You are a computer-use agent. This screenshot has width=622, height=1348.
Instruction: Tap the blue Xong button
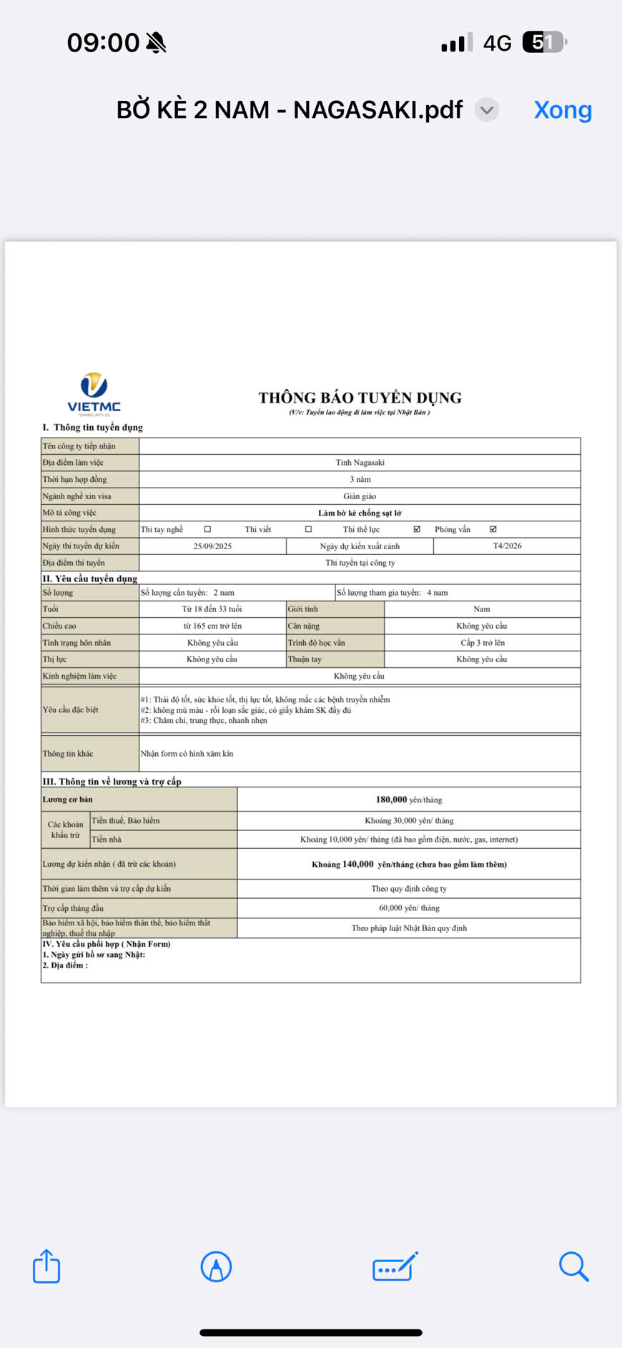pyautogui.click(x=563, y=110)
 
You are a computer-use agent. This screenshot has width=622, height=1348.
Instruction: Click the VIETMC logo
pyautogui.click(x=94, y=393)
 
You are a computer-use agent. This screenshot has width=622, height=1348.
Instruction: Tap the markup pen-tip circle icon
pyautogui.click(x=216, y=1266)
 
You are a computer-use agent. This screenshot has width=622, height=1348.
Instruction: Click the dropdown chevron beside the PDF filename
pyautogui.click(x=487, y=110)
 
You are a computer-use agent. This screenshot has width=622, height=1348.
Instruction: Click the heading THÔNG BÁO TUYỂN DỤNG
pyautogui.click(x=360, y=398)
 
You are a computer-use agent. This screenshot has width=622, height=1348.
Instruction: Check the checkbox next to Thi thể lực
pyautogui.click(x=417, y=529)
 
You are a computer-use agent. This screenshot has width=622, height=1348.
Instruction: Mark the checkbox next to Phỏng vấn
pyautogui.click(x=493, y=529)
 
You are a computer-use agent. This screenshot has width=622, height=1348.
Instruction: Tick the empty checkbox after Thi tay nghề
pyautogui.click(x=207, y=529)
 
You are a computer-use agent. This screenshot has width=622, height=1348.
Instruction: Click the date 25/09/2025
pyautogui.click(x=212, y=546)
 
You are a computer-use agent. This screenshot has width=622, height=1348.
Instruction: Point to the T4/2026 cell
pyautogui.click(x=507, y=546)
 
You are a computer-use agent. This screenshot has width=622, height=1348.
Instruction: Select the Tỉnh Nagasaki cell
pyautogui.click(x=360, y=463)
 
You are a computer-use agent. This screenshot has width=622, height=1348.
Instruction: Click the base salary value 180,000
pyautogui.click(x=391, y=800)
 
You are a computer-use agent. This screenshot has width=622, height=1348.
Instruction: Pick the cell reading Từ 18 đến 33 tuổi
pyautogui.click(x=212, y=609)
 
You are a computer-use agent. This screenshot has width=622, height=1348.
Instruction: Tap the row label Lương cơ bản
pyautogui.click(x=68, y=800)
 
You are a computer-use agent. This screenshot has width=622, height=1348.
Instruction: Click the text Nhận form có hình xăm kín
pyautogui.click(x=187, y=754)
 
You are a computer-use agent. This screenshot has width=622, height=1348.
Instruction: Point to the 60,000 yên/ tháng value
pyautogui.click(x=409, y=908)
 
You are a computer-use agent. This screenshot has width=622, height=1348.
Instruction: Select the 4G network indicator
pyautogui.click(x=497, y=44)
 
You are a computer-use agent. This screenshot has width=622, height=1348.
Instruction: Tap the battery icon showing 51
pyautogui.click(x=545, y=42)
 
